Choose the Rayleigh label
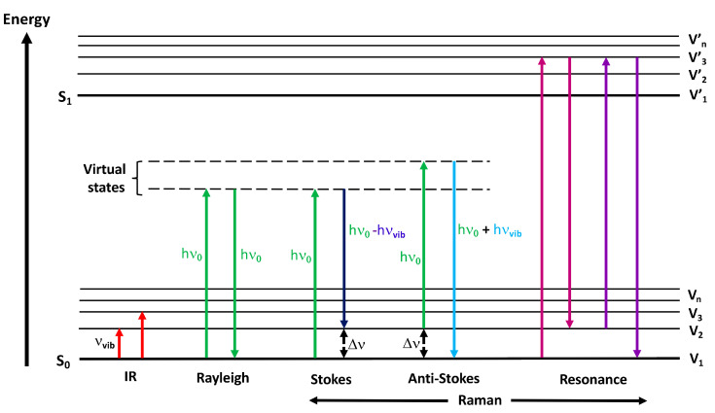(x=220, y=378)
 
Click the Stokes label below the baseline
(x=333, y=378)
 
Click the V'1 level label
(x=694, y=95)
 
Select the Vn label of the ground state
(x=694, y=293)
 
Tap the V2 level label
(x=694, y=329)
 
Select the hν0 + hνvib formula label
(x=496, y=230)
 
